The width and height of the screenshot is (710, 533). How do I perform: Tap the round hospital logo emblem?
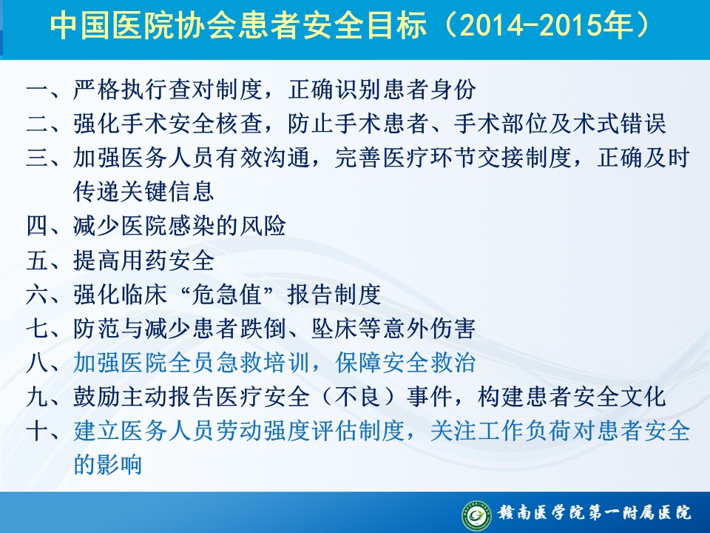click(x=476, y=515)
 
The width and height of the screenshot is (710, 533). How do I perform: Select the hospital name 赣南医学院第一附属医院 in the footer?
click(x=595, y=512)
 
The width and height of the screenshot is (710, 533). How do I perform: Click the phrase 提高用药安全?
click(x=144, y=260)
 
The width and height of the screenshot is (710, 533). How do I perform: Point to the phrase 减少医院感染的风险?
click(x=180, y=226)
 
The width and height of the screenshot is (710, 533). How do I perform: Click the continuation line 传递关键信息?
click(x=144, y=191)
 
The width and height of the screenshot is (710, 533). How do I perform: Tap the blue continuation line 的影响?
click(x=108, y=465)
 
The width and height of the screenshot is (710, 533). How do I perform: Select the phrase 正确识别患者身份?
click(x=382, y=90)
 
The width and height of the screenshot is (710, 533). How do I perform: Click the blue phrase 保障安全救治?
click(x=405, y=363)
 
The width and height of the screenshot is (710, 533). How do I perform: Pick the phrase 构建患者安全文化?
click(x=572, y=397)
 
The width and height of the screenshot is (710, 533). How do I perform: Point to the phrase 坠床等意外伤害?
click(x=393, y=328)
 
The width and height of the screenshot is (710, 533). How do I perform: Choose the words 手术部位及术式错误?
click(x=560, y=124)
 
